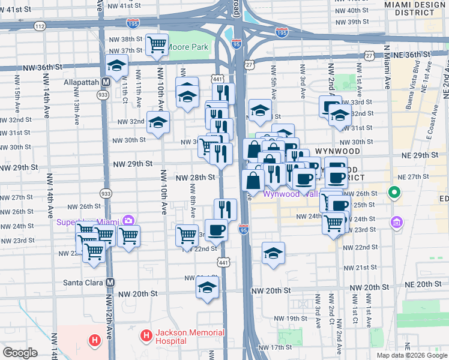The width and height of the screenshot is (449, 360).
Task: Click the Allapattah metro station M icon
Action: tap(106, 82)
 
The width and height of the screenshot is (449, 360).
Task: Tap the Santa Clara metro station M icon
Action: tap(110, 282)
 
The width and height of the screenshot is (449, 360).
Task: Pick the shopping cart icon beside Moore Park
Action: tap(157, 44)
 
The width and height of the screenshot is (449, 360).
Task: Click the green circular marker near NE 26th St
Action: tap(394, 193)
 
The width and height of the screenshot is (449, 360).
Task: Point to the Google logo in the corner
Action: tap(20, 353)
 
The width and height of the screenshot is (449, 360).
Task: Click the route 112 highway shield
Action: tap(40, 26)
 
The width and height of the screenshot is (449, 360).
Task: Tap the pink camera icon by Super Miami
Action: tap(127, 221)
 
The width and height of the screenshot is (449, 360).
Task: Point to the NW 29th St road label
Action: tap(131, 163)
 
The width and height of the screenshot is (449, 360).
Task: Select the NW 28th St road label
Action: tap(195, 178)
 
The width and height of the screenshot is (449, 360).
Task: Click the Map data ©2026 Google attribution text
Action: tap(411, 355)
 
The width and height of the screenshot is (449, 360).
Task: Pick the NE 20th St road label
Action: tap(423, 284)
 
